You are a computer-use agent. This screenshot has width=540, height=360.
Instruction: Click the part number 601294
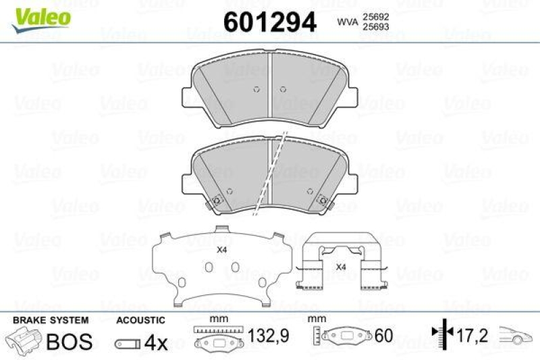269,23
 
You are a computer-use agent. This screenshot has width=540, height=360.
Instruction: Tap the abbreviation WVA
348,23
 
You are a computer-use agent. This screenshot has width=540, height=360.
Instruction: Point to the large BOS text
69,341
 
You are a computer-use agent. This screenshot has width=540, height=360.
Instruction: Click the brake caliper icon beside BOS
23,340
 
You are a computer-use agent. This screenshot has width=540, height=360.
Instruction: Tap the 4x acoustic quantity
156,342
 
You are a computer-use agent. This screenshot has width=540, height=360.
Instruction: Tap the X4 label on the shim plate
221,250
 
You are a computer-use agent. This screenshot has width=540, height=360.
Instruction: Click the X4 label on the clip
341,267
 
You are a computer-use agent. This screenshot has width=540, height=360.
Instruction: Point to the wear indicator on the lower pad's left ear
217,201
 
